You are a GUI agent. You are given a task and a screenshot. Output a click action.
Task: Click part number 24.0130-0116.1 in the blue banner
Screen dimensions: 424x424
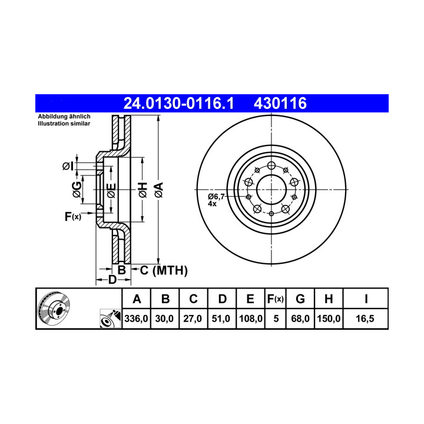click(178, 103)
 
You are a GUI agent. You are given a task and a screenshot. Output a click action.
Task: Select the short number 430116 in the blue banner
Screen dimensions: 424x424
click(280, 103)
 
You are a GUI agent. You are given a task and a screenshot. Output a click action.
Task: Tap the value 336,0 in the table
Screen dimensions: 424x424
click(136, 319)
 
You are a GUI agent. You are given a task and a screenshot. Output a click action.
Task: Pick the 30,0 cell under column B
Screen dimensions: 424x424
click(164, 319)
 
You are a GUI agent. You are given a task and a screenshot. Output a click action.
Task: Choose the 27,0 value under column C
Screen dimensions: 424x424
click(193, 319)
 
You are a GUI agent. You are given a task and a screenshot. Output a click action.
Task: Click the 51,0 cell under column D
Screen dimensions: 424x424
click(221, 319)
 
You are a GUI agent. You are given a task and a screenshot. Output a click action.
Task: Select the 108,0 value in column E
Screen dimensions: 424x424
click(251, 319)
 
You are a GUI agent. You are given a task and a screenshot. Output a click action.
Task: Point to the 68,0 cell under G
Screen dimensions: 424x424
click(300, 319)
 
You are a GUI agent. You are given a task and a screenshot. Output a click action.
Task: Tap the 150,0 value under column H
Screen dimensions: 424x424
click(329, 319)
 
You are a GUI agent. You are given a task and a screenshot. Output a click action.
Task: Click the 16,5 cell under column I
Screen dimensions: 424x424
click(365, 319)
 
